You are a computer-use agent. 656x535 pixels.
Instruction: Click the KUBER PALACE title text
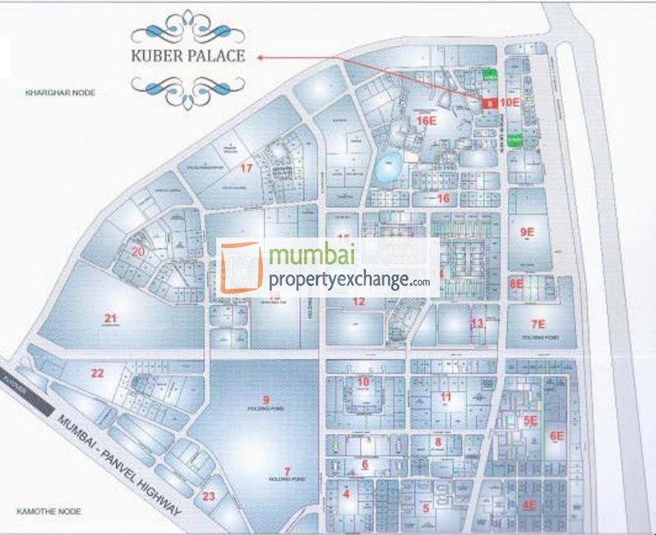point(186,58)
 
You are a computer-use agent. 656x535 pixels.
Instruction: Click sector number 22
point(98,373)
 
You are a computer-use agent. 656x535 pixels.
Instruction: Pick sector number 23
point(209,496)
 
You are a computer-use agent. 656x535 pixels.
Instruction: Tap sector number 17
point(246,168)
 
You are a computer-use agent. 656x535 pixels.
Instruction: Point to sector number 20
point(138,251)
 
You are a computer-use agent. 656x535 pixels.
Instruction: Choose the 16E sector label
point(425,120)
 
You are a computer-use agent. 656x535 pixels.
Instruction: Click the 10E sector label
point(510,103)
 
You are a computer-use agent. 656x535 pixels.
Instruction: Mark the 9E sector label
point(527,233)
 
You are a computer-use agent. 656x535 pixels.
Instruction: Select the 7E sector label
point(538,324)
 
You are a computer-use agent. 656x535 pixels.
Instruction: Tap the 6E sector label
point(557,436)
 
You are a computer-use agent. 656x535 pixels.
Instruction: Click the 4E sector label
point(530,504)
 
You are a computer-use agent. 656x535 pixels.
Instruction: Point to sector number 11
point(446,398)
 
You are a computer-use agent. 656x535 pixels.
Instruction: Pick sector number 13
point(477,323)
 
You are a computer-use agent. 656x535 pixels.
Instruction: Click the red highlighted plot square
point(487,104)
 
